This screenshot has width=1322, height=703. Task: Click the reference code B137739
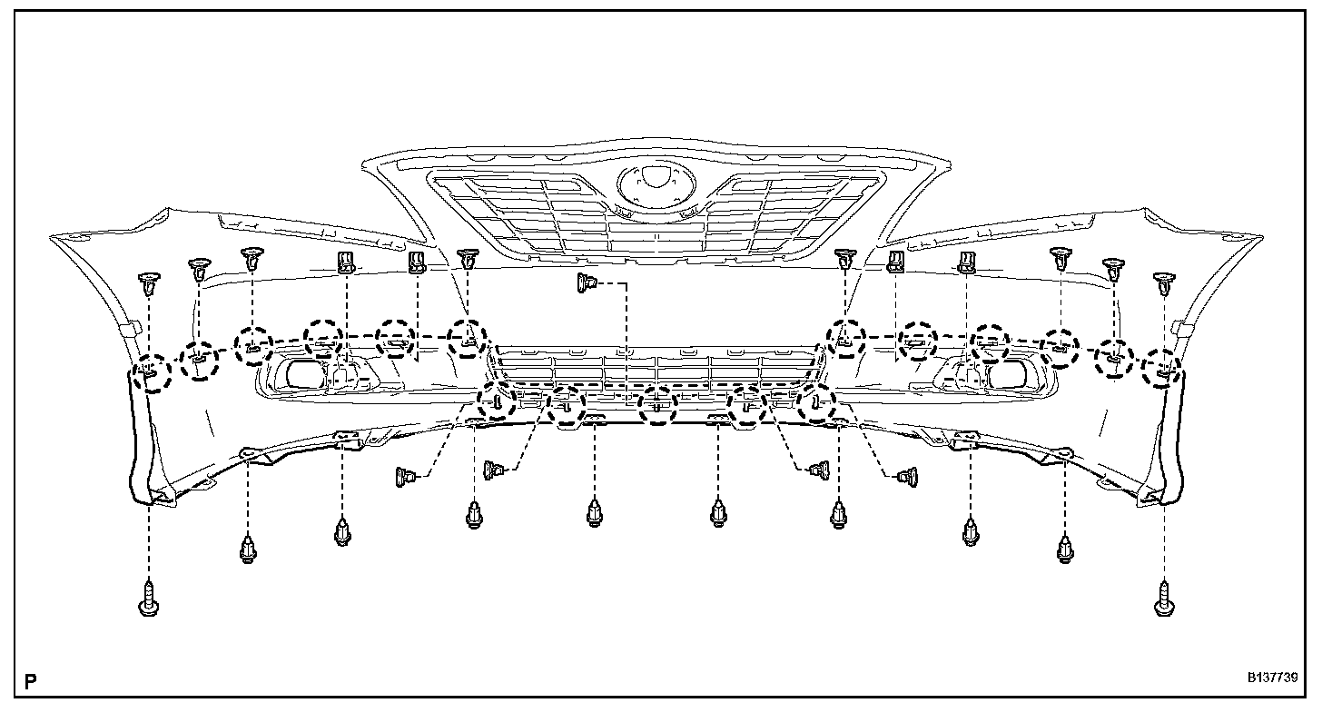(x=1271, y=677)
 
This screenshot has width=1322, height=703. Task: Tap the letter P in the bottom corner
(x=31, y=680)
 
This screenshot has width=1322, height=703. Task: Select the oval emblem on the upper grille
(x=655, y=184)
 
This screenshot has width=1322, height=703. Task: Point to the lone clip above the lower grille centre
(x=586, y=284)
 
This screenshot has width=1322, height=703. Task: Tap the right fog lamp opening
(x=1010, y=371)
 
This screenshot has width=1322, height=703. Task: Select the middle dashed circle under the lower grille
(x=656, y=404)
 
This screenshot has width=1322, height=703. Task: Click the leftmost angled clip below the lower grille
(x=405, y=475)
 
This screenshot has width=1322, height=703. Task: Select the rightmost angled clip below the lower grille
(x=905, y=475)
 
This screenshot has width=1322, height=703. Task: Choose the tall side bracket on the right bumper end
(x=1171, y=436)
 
